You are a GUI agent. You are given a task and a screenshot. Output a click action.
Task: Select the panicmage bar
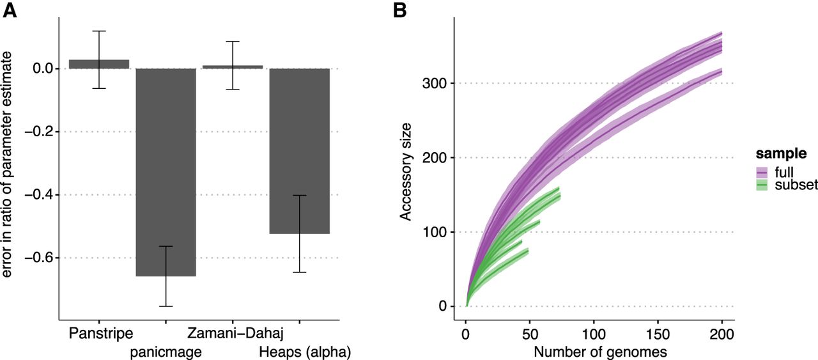tap(166, 172)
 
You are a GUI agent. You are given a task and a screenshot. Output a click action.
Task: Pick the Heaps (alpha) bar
tap(299, 151)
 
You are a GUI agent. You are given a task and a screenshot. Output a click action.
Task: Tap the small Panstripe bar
tap(99, 64)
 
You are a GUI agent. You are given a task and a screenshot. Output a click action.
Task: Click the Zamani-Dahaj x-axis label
tap(235, 333)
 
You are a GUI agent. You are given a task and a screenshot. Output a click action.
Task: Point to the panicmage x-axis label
tap(166, 351)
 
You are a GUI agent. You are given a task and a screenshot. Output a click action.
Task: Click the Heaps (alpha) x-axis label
tap(305, 351)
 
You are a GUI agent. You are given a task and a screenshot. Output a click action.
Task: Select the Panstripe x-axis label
tap(100, 333)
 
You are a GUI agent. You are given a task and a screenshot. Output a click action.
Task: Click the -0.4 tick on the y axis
tap(40, 195)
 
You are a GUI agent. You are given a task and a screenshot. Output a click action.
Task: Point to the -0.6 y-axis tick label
tap(40, 258)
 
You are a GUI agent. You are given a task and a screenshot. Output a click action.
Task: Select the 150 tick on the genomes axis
tap(658, 335)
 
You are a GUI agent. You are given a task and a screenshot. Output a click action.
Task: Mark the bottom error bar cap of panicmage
tap(166, 306)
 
